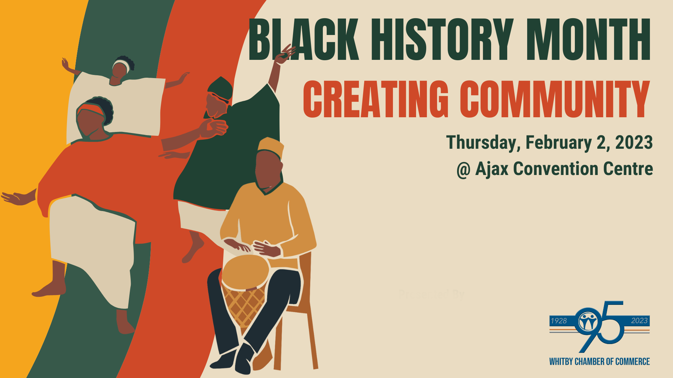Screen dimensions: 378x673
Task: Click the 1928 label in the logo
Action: (558, 321)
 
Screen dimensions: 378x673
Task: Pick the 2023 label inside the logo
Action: (639, 321)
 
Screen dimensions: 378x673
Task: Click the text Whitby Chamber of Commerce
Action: (599, 362)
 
